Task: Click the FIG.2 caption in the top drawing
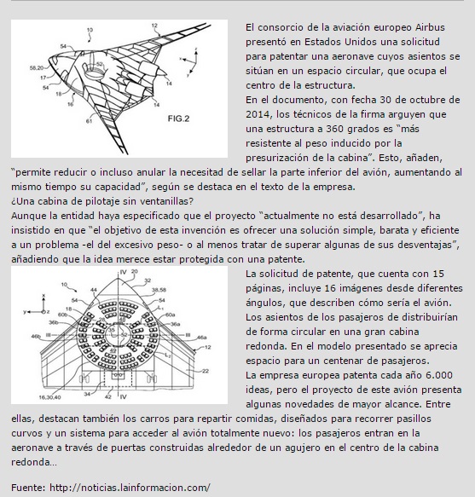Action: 178,118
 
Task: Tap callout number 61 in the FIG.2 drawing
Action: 89,121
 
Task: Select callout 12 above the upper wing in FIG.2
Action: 154,26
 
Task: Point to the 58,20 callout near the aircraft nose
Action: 37,68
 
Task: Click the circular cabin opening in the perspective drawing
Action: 94,74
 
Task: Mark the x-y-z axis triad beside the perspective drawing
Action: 189,62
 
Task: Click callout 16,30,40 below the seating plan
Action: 49,397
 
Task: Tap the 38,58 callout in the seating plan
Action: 159,290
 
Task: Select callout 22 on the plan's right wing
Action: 206,371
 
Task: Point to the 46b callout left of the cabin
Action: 36,336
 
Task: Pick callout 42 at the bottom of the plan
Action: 108,396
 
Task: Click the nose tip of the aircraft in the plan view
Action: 118,278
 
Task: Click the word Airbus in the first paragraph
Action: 430,27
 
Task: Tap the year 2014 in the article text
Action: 258,114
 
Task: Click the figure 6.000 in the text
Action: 439,375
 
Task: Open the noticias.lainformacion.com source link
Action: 130,488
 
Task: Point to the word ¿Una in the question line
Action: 22,201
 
